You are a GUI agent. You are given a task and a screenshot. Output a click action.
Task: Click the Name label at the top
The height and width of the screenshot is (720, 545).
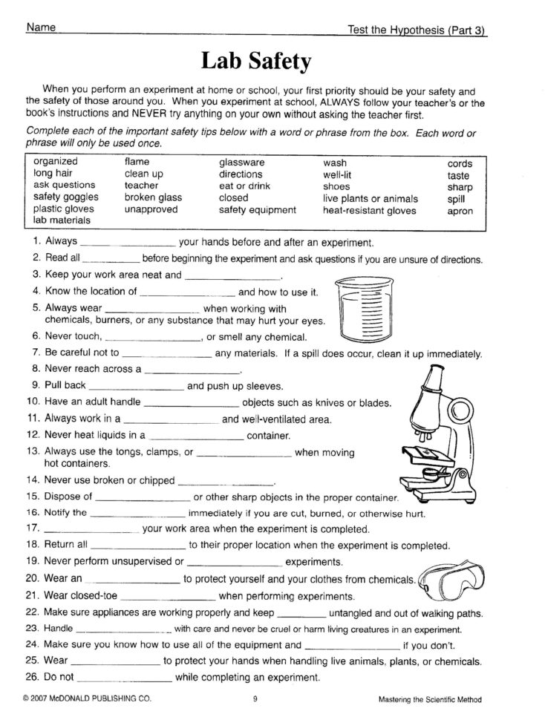(41, 28)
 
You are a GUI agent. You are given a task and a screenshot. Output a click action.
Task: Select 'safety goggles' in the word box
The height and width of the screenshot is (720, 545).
(64, 197)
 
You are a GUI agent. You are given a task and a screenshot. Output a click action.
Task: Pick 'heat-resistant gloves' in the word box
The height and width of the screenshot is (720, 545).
(369, 210)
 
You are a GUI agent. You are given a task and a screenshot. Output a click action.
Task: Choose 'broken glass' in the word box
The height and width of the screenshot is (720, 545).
(153, 197)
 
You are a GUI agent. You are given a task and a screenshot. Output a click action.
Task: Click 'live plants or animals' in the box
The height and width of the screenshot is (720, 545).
(371, 198)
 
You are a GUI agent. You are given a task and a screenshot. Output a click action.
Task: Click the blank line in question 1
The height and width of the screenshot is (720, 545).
(126, 244)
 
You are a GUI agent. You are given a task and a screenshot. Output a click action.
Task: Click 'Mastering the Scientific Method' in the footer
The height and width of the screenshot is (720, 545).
(429, 698)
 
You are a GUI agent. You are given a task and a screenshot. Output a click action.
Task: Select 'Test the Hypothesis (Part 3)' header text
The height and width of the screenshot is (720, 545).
(421, 30)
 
